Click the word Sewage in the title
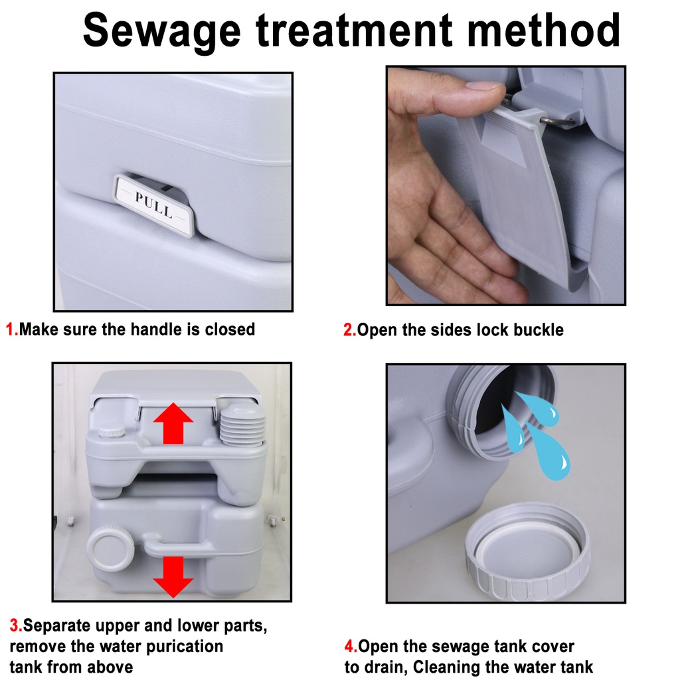click(x=161, y=31)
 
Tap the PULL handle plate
click(x=154, y=205)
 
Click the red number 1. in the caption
click(x=12, y=329)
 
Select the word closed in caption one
click(x=230, y=329)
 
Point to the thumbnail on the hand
click(x=485, y=84)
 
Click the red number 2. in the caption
click(x=349, y=330)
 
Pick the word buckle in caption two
click(x=539, y=330)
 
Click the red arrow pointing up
click(x=173, y=423)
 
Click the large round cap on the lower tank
click(x=111, y=549)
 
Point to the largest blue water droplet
click(x=547, y=451)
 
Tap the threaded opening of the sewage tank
click(x=503, y=410)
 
